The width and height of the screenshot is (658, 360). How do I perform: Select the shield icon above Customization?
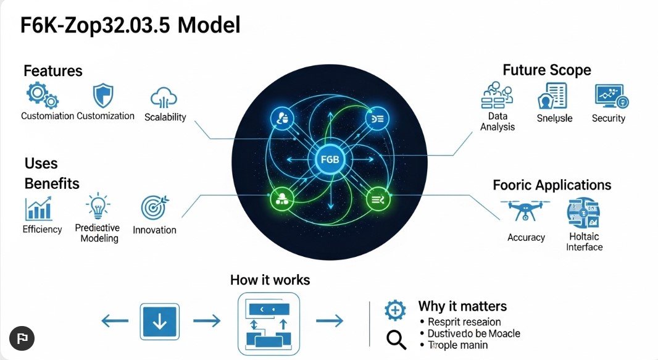click(x=103, y=96)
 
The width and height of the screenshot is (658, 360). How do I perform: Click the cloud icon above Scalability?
click(x=164, y=98)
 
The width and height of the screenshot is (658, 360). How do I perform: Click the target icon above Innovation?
click(x=154, y=208)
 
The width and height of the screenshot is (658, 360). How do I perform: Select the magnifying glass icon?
click(x=396, y=340)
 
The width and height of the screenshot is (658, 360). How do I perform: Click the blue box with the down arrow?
click(x=160, y=320)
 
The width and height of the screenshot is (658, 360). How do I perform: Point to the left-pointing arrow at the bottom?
click(x=114, y=320)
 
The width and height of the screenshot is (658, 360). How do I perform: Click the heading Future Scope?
click(x=546, y=70)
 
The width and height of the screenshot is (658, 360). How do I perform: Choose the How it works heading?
click(x=270, y=280)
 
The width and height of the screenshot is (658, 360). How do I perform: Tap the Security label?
click(x=608, y=118)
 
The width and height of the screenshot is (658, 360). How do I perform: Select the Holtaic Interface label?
click(x=584, y=241)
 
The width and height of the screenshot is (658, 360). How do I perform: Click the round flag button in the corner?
click(x=22, y=338)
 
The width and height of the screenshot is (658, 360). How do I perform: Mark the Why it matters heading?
click(x=462, y=306)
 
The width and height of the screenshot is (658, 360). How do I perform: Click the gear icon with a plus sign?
click(x=395, y=310)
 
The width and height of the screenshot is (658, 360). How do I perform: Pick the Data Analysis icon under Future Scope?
click(x=497, y=96)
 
